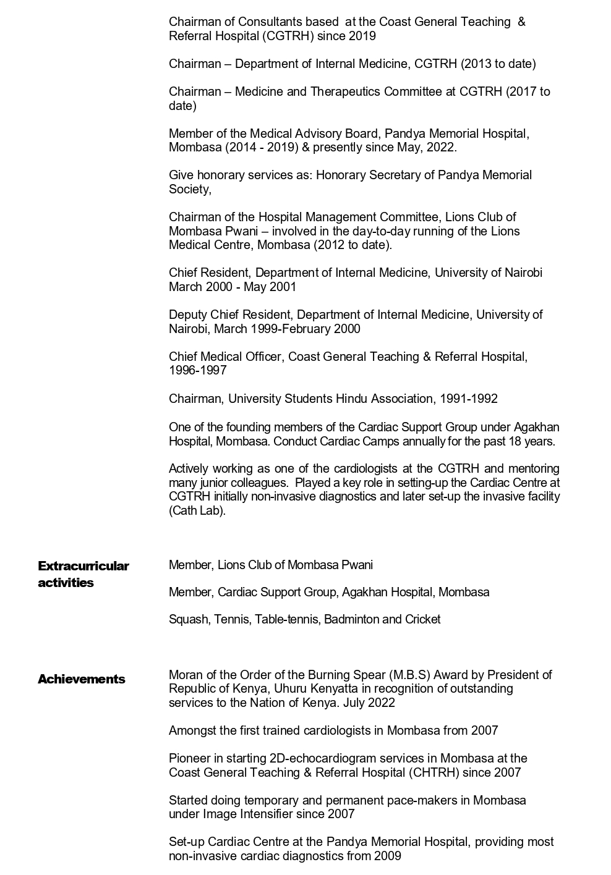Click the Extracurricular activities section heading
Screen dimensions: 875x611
83,574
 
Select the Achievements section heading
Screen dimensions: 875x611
81,679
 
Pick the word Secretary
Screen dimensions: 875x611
395,175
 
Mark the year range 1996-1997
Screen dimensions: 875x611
198,371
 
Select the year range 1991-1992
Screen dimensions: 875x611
468,399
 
